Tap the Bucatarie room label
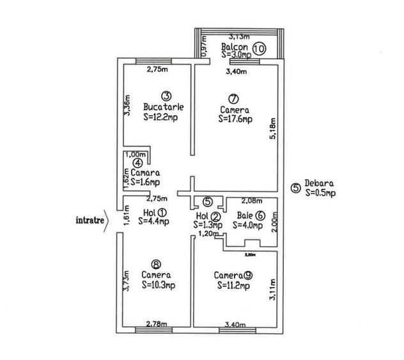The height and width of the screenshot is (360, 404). tap(160, 107)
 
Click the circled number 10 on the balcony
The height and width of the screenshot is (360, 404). tap(259, 47)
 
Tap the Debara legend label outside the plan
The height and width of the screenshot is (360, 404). tap(318, 185)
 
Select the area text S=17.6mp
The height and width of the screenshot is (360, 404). tap(235, 118)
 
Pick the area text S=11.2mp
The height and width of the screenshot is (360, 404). tap(235, 285)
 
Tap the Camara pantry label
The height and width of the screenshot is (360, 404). tap(146, 173)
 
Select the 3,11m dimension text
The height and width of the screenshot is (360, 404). tap(273, 289)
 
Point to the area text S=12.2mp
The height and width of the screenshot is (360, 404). tap(161, 117)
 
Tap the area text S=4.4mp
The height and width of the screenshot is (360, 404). tap(155, 222)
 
